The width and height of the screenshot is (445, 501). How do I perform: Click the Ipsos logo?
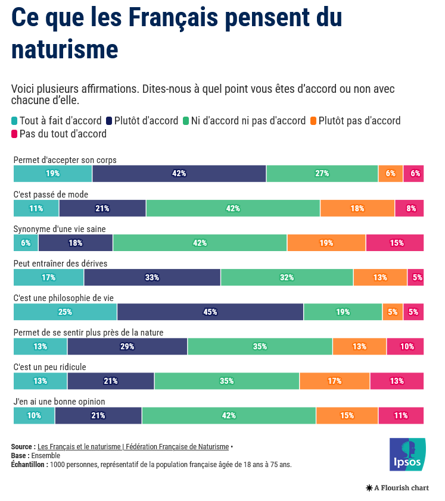coord(407,455)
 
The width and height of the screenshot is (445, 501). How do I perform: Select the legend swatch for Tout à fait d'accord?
coord(15,121)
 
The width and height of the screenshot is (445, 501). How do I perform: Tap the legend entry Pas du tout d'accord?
coord(63,134)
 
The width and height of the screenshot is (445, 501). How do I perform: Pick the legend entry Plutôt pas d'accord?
coord(359,121)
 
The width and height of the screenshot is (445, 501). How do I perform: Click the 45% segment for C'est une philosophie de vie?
coord(210,312)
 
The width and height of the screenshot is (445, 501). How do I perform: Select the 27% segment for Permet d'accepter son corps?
coord(322,174)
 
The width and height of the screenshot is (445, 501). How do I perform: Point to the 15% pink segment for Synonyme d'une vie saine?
coord(395,243)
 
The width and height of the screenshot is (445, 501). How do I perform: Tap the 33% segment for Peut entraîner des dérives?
coord(152,277)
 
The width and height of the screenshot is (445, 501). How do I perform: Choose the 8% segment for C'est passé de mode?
coord(410,208)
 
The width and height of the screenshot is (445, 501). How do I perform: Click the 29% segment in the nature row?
coord(127,346)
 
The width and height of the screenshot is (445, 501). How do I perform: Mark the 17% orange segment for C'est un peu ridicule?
coord(334,381)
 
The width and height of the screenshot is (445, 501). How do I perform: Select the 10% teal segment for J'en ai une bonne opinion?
coord(34,415)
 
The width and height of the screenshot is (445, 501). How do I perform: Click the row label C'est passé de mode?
coord(51,195)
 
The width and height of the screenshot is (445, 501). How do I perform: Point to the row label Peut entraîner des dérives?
coord(60,264)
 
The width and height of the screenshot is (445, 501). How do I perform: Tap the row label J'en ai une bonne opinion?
coord(59,402)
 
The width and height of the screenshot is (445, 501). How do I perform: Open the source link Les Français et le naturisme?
coord(133,447)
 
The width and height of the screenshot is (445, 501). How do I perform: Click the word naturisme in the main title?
coord(64,49)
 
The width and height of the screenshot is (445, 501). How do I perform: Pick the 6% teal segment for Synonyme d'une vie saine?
coord(26,243)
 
